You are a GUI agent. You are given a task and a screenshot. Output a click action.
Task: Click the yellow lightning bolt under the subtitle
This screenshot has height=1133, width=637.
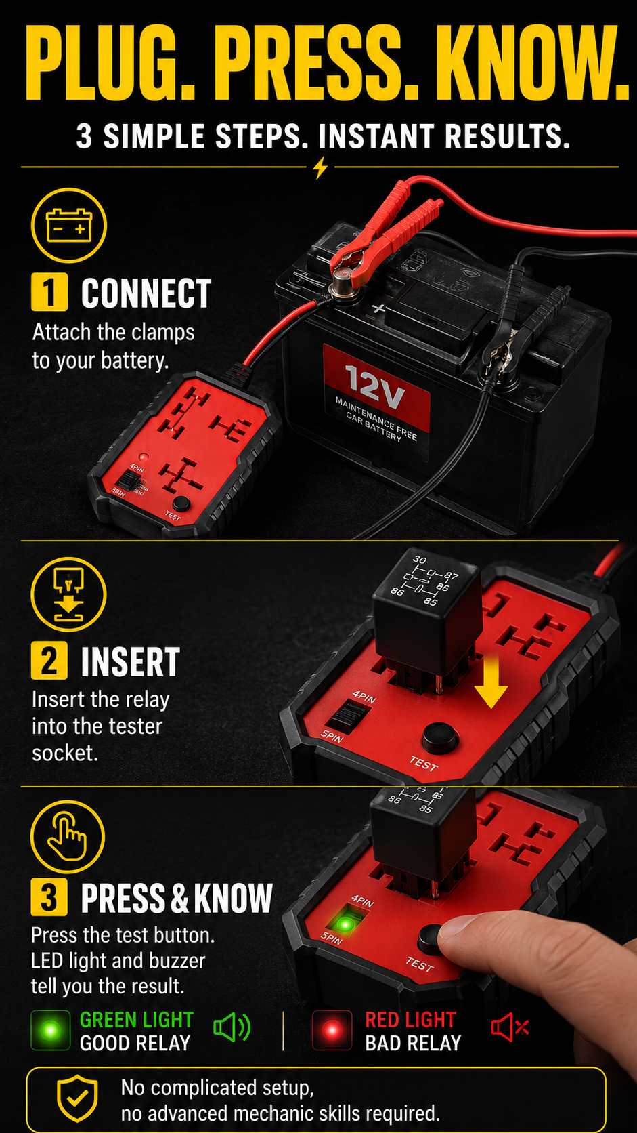pyautogui.click(x=320, y=167)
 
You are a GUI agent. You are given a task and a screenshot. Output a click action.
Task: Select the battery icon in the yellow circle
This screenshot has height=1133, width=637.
pyautogui.click(x=69, y=226)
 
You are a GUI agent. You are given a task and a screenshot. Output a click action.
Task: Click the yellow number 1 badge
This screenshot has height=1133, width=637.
pyautogui.click(x=49, y=292)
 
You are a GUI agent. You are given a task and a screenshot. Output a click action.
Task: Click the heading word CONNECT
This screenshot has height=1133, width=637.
pyautogui.click(x=146, y=293)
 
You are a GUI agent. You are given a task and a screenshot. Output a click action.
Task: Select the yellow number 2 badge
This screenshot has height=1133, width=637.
pyautogui.click(x=49, y=661)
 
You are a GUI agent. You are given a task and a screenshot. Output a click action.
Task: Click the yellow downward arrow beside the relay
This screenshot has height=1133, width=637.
pyautogui.click(x=491, y=680)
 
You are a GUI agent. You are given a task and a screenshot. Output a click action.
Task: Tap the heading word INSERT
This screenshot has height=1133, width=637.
pyautogui.click(x=131, y=661)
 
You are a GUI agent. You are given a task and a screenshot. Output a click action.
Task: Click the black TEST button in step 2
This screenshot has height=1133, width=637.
pyautogui.click(x=440, y=737)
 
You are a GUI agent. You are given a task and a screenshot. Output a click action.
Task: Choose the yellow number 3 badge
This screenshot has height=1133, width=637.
pyautogui.click(x=49, y=897)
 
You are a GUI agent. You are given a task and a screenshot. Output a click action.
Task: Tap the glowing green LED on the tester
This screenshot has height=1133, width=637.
pyautogui.click(x=345, y=925)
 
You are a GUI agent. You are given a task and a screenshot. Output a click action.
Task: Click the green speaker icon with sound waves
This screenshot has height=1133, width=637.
pyautogui.click(x=232, y=1027)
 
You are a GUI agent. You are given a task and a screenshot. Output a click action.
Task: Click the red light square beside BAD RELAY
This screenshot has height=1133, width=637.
pyautogui.click(x=332, y=1029)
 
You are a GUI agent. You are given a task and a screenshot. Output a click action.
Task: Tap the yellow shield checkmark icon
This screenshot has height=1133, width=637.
pyautogui.click(x=76, y=1100)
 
